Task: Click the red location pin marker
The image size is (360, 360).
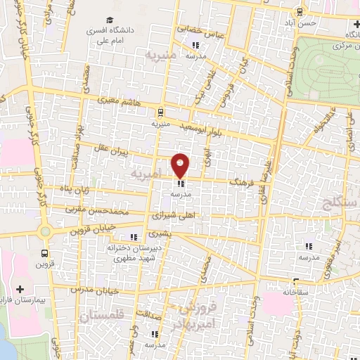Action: tap(181, 165)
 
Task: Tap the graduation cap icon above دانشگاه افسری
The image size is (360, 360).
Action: tap(110, 21)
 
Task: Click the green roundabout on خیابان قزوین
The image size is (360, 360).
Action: tap(46, 231)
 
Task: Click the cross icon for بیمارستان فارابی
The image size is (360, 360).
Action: tap(20, 289)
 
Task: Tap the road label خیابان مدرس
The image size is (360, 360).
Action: tap(98, 290)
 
